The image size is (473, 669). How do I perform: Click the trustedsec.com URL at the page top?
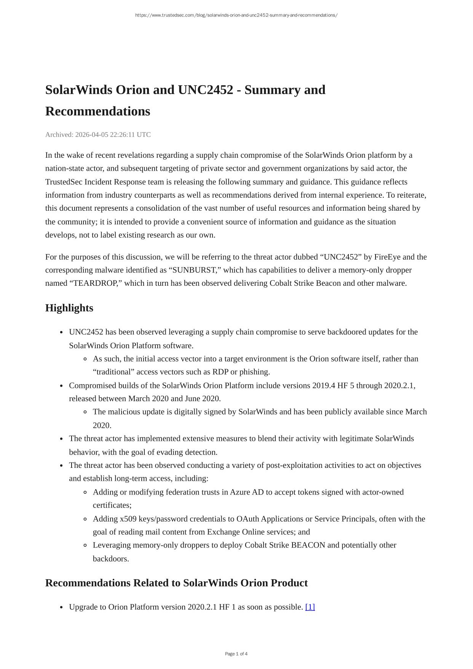pyautogui.click(x=236, y=15)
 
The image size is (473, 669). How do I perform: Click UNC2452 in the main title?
pyautogui.click(x=205, y=90)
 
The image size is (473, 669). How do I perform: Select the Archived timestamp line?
pyautogui.click(x=98, y=134)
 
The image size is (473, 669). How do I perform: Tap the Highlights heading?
pyautogui.click(x=69, y=308)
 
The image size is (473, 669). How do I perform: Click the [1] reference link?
pyautogui.click(x=310, y=607)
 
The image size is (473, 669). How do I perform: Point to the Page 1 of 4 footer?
pyautogui.click(x=236, y=654)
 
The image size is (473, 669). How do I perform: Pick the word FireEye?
pyautogui.click(x=387, y=257)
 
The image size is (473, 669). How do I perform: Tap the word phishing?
pyautogui.click(x=255, y=372)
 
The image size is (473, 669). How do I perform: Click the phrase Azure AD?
pyautogui.click(x=247, y=492)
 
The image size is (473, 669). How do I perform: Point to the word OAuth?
pyautogui.click(x=248, y=519)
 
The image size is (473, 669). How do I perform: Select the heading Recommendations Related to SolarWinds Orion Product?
pyautogui.click(x=176, y=583)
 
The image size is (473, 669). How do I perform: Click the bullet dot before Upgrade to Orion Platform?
pyautogui.click(x=61, y=607)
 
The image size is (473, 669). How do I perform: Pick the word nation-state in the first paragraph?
pyautogui.click(x=64, y=168)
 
